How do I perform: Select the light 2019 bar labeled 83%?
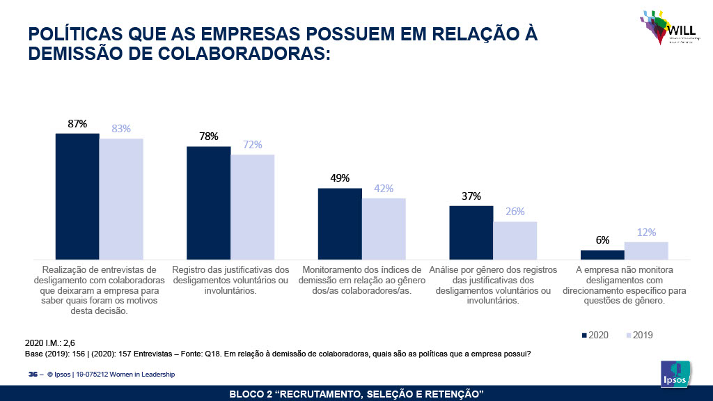(121, 199)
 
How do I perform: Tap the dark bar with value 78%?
(208, 203)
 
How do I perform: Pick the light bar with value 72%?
(253, 207)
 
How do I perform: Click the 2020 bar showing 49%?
(340, 223)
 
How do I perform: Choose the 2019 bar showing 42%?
(384, 228)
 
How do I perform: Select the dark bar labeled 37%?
(471, 233)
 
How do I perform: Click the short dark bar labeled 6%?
(602, 254)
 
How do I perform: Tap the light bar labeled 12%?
(646, 251)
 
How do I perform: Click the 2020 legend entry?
(596, 336)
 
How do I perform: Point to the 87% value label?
(77, 124)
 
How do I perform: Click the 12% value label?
(646, 233)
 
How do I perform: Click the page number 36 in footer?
(32, 375)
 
